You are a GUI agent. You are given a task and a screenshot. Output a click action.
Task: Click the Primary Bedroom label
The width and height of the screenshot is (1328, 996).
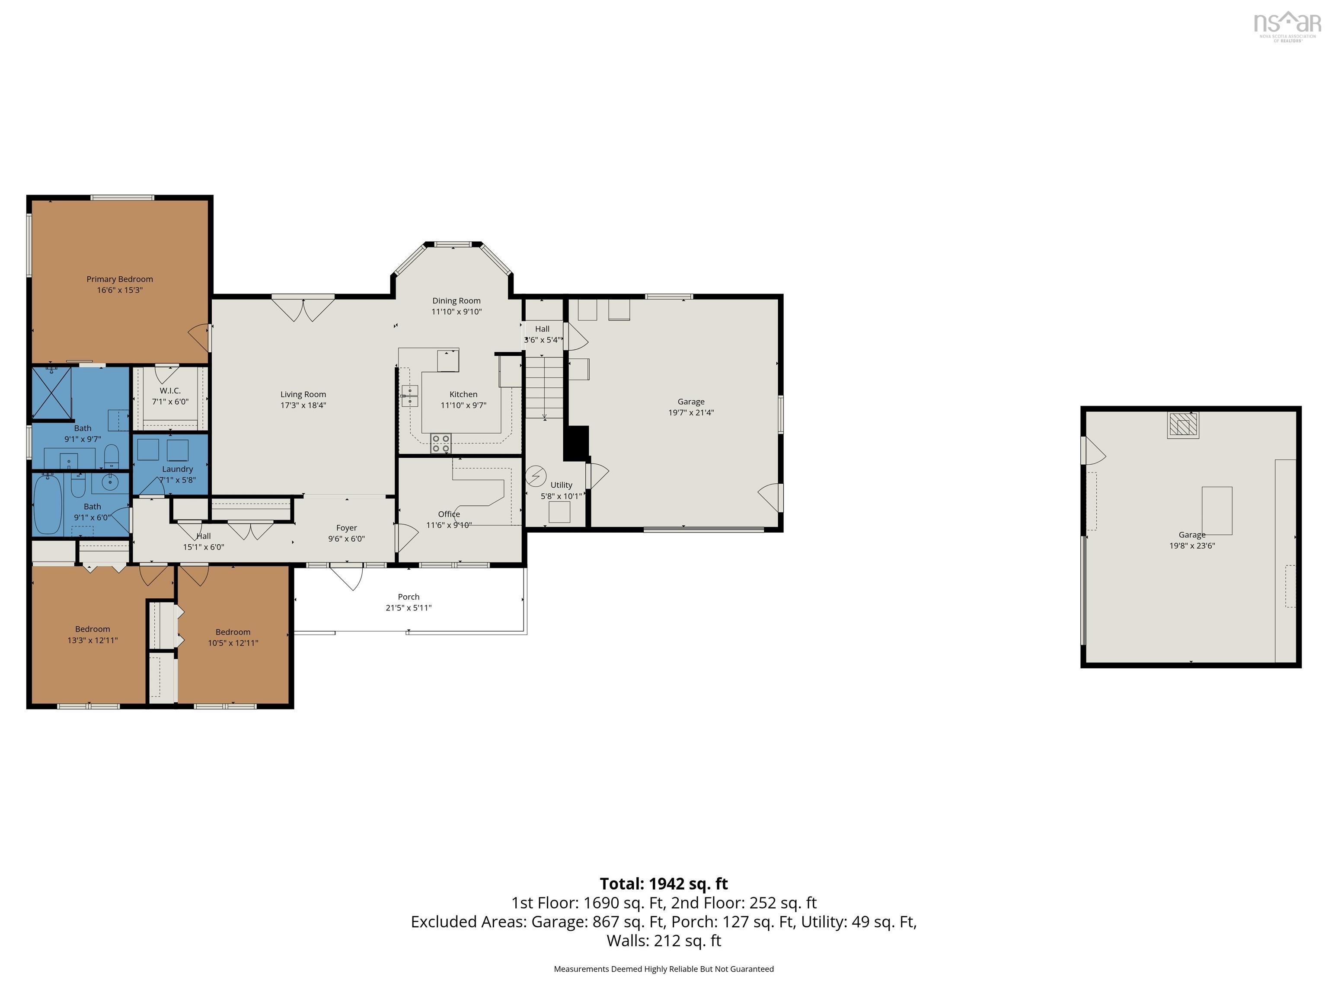pos(119,279)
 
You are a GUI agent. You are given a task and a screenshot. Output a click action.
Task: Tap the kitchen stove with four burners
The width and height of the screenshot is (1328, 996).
pos(441,444)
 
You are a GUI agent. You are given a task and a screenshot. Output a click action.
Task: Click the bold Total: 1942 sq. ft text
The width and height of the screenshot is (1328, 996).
pos(664,884)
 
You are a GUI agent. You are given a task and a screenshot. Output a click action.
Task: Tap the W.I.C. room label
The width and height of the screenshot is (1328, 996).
pos(170,391)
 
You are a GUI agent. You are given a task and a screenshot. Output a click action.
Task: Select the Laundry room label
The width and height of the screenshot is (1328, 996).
pos(177,469)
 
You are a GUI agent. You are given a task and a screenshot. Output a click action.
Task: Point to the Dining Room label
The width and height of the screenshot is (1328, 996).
pos(456,301)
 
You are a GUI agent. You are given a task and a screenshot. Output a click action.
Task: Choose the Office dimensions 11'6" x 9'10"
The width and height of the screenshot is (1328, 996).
pos(449,525)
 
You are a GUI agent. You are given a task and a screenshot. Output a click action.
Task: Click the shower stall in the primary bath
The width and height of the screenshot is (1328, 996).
pos(51,393)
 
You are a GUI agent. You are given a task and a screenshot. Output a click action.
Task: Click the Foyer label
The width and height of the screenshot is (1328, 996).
pos(346,528)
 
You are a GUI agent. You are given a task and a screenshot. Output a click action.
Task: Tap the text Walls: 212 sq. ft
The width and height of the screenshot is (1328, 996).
pos(664,941)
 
